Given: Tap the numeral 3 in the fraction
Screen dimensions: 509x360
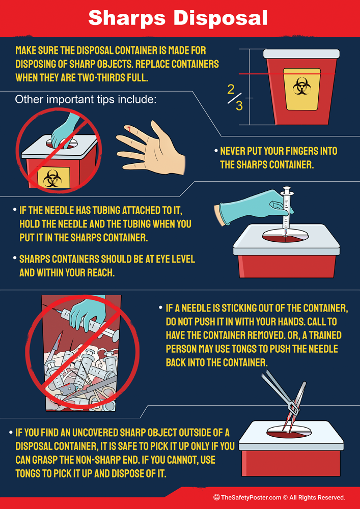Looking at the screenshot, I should click(x=239, y=106).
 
